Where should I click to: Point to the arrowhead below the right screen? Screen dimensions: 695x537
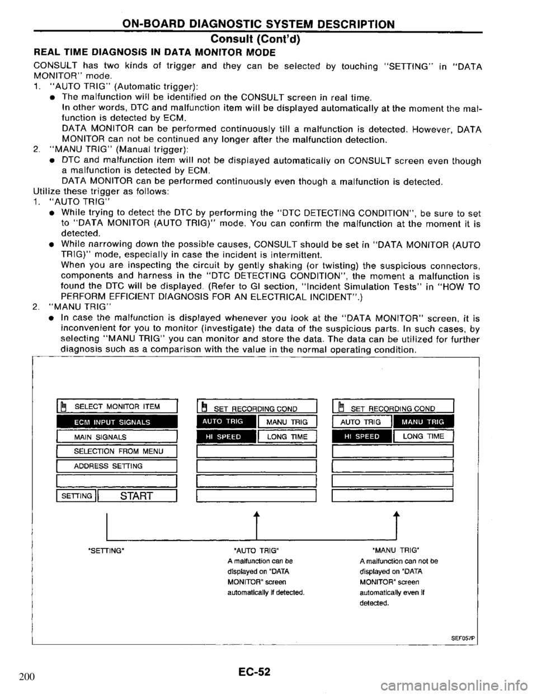[395, 515]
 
